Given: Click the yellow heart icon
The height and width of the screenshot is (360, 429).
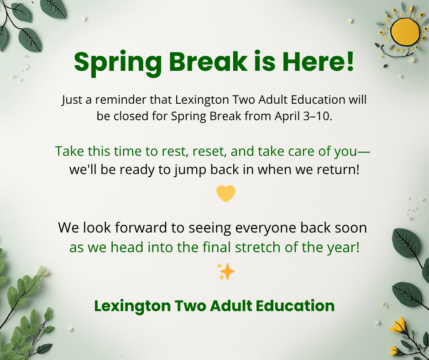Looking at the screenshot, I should click(225, 194).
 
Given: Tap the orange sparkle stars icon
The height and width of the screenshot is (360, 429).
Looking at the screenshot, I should click(225, 272).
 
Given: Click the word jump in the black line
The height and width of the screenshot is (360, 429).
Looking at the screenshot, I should click(189, 170).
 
